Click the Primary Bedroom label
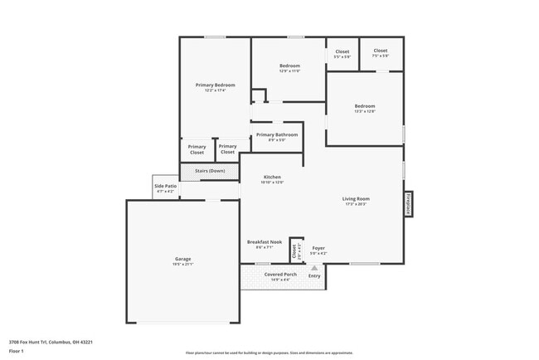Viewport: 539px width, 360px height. tap(216, 85)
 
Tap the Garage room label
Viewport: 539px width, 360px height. tap(182, 259)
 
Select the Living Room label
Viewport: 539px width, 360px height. tap(357, 199)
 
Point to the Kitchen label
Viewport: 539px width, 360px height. tap(273, 178)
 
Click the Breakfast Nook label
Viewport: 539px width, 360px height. tap(265, 242)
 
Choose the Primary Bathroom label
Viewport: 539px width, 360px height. tap(276, 134)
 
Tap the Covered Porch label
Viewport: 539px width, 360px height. tap(280, 274)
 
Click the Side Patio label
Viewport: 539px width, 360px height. tap(165, 187)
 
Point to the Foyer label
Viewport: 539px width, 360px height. tap(318, 248)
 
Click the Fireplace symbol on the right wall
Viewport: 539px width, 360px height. tap(408, 203)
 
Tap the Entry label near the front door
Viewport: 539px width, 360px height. tap(314, 275)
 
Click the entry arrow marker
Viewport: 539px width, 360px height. tap(314, 268)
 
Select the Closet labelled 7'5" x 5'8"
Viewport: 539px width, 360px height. tap(381, 51)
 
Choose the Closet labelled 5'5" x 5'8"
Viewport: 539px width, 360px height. tap(342, 52)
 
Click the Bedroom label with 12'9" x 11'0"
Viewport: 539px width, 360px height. tap(289, 66)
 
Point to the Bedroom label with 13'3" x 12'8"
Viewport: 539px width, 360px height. tap(365, 106)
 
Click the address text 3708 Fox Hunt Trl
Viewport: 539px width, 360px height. tap(51, 342)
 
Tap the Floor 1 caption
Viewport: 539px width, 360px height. tap(16, 351)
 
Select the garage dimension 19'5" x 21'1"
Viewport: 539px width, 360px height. tap(182, 265)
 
